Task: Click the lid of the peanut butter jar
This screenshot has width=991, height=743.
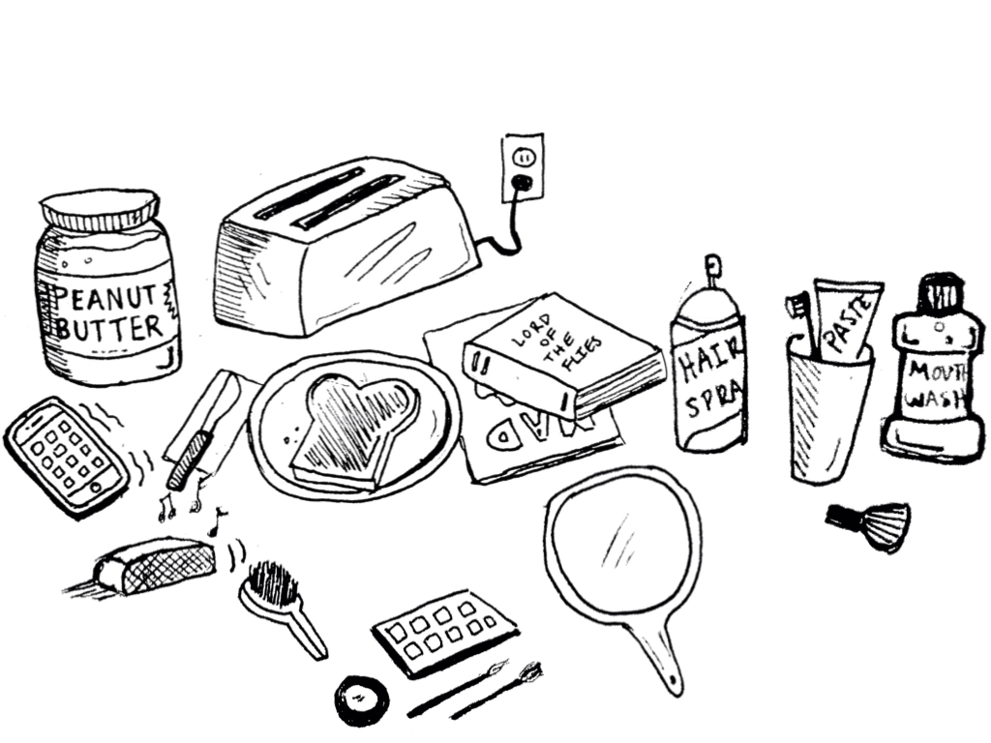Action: tap(99, 208)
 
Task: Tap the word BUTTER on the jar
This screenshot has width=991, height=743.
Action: tap(108, 328)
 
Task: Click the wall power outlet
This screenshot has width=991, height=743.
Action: tap(523, 166)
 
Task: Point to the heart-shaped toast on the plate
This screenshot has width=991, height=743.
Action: tap(354, 426)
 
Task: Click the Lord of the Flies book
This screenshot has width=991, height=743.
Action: tap(564, 355)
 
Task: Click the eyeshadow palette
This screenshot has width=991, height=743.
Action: tap(444, 628)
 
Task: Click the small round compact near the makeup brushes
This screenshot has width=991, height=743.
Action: tap(362, 698)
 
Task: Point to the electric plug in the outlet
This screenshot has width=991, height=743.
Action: tap(522, 182)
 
